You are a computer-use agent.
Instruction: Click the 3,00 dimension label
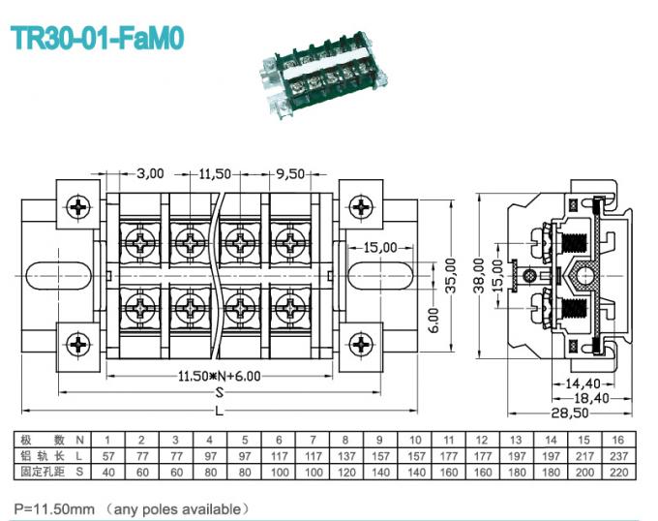150,174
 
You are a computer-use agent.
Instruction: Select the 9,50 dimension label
289,174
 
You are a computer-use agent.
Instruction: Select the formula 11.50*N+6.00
219,376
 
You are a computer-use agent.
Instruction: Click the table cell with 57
108,455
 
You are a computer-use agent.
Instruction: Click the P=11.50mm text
53,507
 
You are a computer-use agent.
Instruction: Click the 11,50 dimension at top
216,174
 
